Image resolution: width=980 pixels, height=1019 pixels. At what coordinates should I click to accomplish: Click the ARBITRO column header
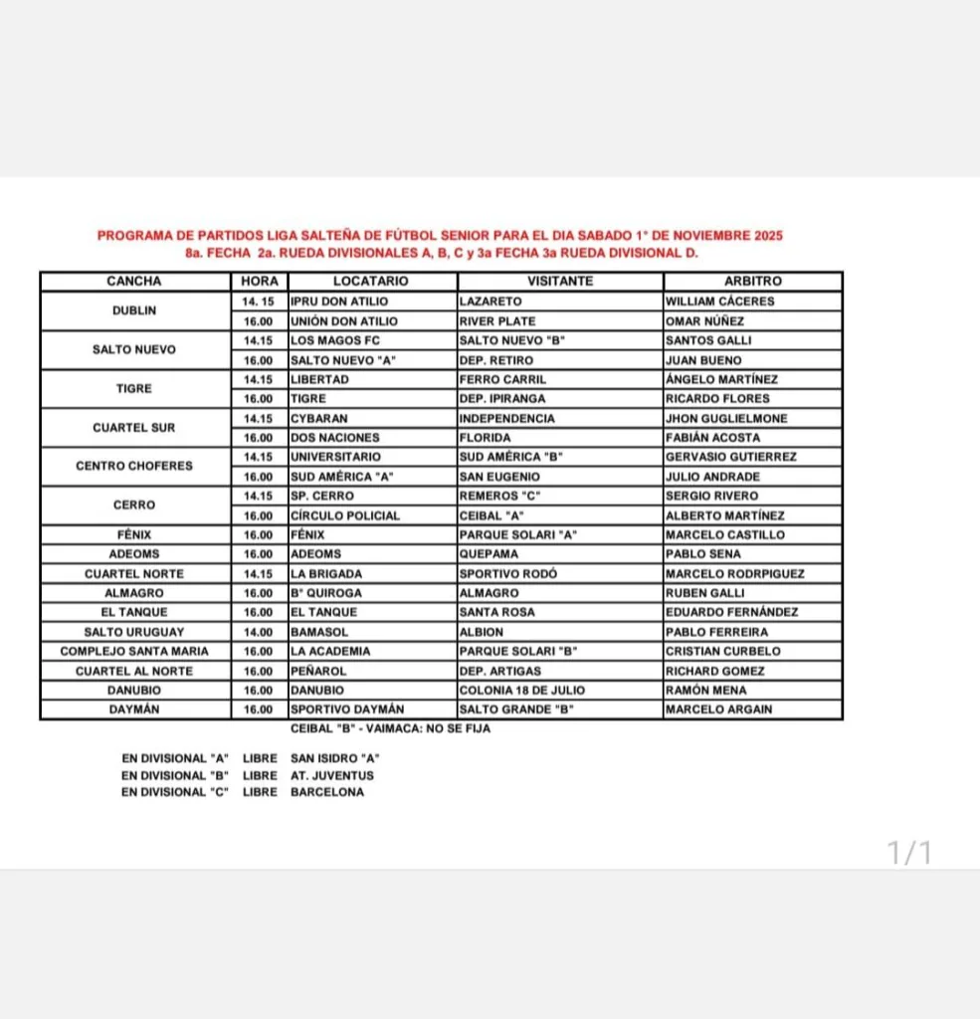tap(753, 282)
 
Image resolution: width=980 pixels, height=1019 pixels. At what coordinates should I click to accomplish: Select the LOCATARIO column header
tap(371, 282)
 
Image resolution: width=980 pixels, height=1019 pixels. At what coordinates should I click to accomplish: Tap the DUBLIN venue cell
tap(135, 310)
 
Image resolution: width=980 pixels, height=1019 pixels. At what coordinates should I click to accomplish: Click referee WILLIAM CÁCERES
tap(720, 301)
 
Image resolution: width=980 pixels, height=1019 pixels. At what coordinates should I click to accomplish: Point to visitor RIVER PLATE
tap(497, 320)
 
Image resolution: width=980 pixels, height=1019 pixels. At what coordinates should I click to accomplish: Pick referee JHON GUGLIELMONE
tap(727, 418)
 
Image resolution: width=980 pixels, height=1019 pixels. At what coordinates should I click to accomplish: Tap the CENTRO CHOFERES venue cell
tap(135, 466)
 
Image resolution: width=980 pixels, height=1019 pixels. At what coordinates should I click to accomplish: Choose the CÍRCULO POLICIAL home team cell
tap(345, 515)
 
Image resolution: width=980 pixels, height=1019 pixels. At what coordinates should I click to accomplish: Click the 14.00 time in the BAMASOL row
tap(258, 632)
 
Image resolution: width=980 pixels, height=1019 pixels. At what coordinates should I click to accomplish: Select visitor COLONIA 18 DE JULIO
tap(522, 690)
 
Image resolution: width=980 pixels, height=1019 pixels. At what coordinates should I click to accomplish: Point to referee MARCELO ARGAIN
tap(719, 710)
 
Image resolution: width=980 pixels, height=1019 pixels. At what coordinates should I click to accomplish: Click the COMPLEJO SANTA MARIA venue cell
tap(135, 651)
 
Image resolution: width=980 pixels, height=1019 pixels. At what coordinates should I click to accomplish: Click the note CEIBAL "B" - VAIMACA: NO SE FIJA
tap(390, 728)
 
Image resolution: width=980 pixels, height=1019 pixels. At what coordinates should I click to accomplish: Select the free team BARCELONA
tap(327, 792)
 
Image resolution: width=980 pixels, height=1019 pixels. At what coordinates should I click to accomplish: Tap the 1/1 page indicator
tap(909, 853)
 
